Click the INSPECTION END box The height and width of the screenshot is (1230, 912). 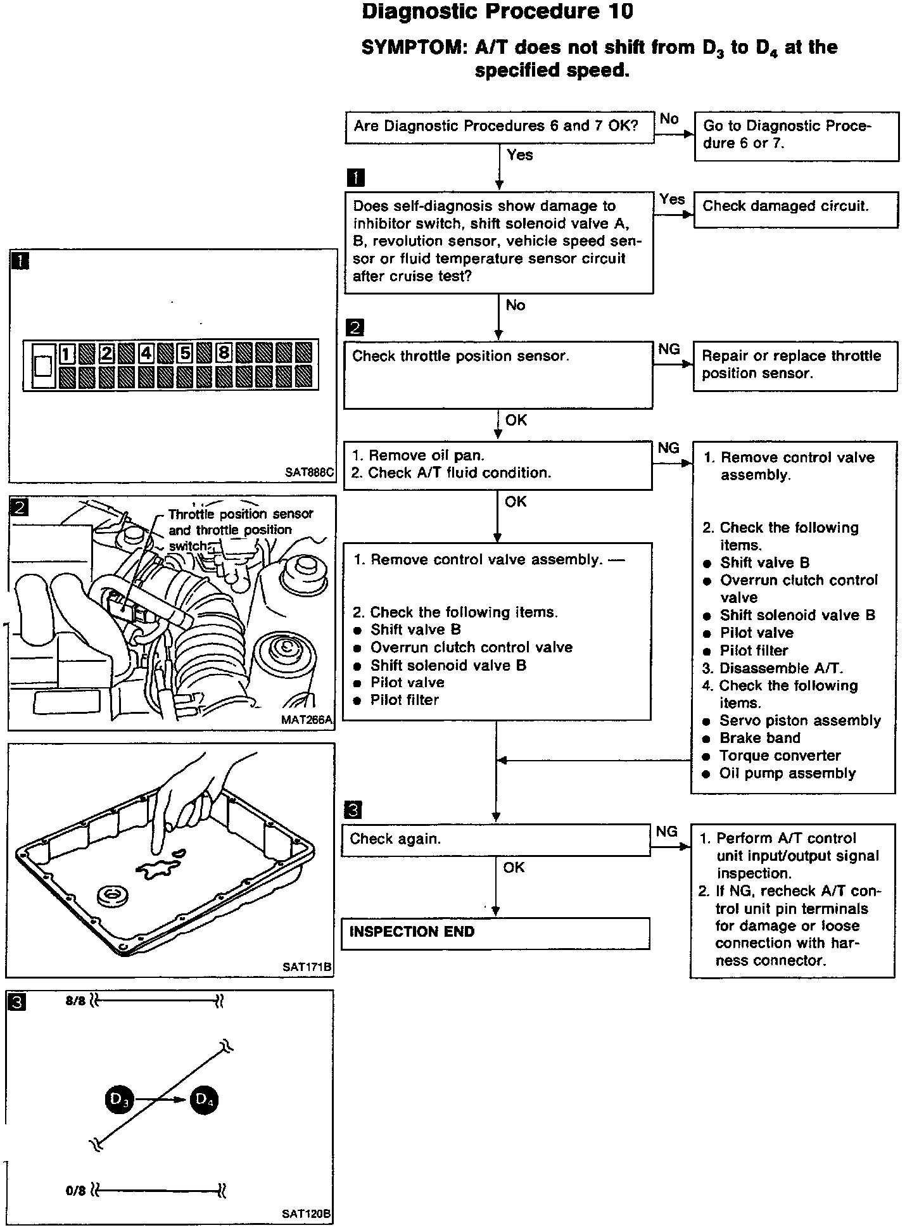point(495,933)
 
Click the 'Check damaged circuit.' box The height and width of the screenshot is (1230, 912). point(795,210)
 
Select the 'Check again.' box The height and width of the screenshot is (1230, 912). point(496,839)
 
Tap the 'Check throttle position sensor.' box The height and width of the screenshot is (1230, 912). point(498,375)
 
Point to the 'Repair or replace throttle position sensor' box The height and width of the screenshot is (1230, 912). point(795,365)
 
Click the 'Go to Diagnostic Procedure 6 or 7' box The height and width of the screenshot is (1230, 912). point(796,136)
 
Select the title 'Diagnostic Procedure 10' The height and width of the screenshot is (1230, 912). point(497,11)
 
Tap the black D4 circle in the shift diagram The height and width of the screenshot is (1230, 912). point(204,1100)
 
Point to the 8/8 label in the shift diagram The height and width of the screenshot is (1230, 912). point(75,1001)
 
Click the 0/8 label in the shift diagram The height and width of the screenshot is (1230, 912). point(75,1191)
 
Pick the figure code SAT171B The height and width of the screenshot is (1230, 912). point(307,967)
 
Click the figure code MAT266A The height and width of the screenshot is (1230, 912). point(307,720)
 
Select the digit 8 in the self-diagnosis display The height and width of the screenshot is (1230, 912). point(224,352)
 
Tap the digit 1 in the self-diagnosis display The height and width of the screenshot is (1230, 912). point(67,353)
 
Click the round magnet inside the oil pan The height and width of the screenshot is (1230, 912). point(114,896)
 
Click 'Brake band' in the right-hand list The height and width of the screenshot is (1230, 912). point(759,739)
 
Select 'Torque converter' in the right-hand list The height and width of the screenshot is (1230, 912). point(780,756)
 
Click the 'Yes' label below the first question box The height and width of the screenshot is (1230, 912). point(520,155)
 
